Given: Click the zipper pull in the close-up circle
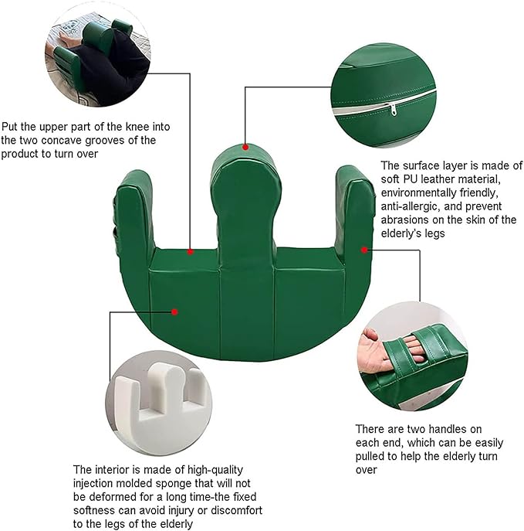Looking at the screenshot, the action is point(393,110).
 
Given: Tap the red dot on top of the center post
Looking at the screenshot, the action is point(245,147).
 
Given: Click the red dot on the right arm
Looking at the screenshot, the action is point(364,250).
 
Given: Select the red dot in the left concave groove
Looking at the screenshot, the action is point(191,252).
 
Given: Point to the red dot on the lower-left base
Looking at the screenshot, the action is point(174,312).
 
